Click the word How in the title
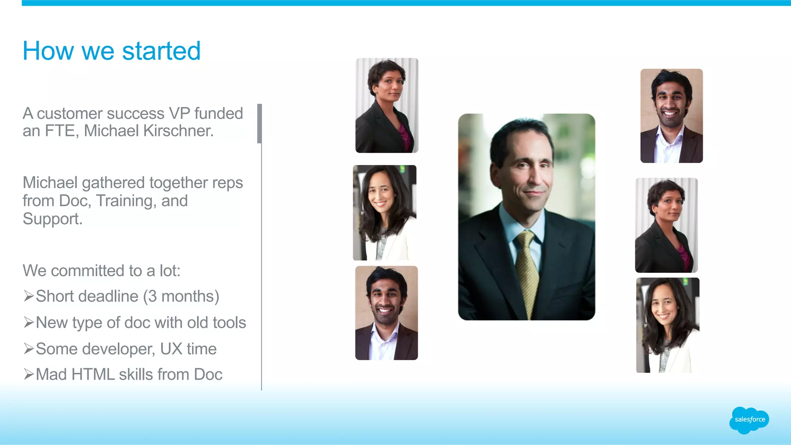point(48,51)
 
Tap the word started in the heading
point(161,51)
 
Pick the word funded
point(219,113)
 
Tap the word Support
point(53,219)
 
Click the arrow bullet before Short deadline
point(29,296)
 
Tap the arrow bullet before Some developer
point(29,349)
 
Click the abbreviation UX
point(171,349)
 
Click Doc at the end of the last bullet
point(208,374)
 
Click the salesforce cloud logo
point(749,420)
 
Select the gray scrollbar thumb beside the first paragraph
point(260,124)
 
